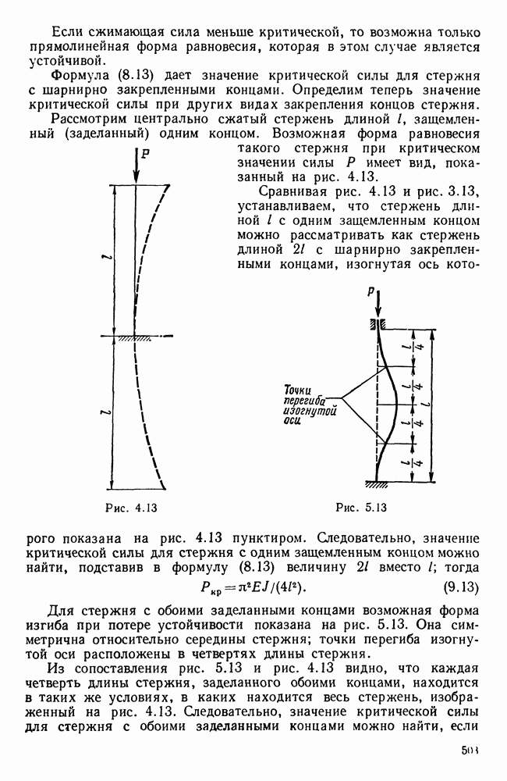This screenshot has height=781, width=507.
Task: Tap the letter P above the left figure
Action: coord(145,154)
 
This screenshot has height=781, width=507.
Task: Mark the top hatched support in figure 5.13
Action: coord(377,323)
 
